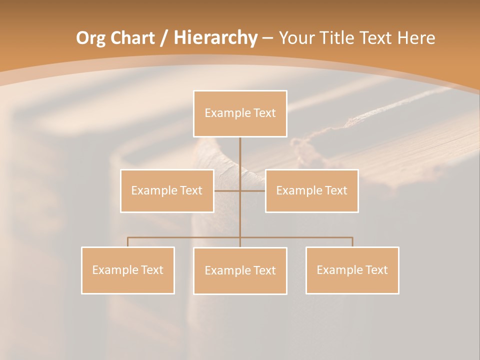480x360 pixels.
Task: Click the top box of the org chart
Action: click(x=240, y=113)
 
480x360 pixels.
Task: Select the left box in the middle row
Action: click(x=167, y=190)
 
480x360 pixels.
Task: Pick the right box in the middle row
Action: click(x=311, y=190)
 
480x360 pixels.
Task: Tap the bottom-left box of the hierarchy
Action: click(x=128, y=270)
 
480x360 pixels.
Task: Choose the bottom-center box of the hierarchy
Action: click(x=240, y=270)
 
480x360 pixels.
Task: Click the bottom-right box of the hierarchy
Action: click(x=352, y=270)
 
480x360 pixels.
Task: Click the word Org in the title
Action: click(x=90, y=38)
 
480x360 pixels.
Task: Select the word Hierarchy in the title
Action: click(x=215, y=38)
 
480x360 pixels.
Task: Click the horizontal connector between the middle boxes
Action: click(x=252, y=190)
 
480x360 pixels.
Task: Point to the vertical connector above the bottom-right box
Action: click(x=352, y=242)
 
